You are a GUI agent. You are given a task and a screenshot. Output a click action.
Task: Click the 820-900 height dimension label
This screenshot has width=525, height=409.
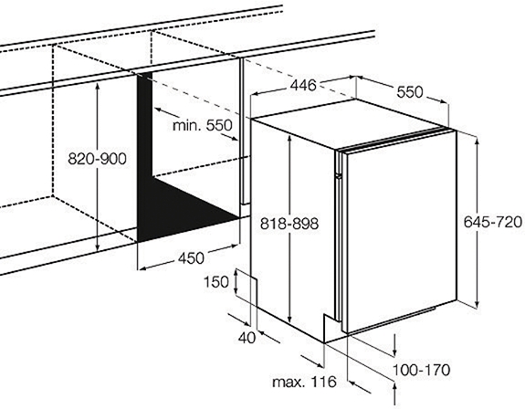(97, 158)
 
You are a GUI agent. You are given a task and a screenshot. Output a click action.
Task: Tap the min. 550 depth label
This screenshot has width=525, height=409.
(202, 125)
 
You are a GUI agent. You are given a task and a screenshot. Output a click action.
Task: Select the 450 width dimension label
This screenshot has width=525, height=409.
(191, 258)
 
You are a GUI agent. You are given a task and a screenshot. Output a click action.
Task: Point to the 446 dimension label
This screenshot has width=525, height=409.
(303, 85)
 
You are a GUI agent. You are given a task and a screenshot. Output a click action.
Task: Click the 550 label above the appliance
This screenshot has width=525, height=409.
(410, 92)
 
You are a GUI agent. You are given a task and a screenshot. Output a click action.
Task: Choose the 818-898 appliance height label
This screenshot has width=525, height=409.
(289, 224)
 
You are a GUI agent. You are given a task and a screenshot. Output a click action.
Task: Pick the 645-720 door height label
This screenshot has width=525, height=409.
(493, 222)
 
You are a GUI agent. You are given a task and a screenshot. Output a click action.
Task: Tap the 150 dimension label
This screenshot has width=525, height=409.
(216, 282)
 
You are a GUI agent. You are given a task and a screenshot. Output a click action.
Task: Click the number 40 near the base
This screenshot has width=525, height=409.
(247, 338)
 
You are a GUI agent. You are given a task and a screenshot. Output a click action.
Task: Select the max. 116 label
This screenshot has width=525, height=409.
(304, 382)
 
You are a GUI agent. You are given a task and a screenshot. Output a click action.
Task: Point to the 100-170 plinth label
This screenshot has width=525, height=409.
(421, 370)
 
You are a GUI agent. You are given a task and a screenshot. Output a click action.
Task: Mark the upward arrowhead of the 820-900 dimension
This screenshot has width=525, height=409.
(98, 87)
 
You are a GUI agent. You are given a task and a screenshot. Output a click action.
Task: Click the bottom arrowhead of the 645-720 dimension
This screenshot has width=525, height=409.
(478, 303)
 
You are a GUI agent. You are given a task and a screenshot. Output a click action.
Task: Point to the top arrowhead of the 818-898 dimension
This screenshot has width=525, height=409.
(290, 139)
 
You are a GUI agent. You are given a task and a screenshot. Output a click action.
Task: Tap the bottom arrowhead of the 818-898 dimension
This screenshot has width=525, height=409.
(290, 319)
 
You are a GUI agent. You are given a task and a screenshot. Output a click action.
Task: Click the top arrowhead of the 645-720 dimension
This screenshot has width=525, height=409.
(478, 141)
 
